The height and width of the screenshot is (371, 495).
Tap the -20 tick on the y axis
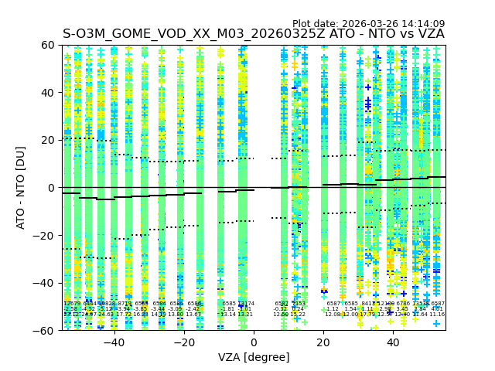[x=45, y=235]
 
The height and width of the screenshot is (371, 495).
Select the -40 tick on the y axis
[x=45, y=283]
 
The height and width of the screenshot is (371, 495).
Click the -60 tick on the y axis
[x=45, y=330]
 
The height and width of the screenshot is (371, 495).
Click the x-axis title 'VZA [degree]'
[x=254, y=357]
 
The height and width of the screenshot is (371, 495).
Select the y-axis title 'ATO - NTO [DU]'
[x=22, y=188]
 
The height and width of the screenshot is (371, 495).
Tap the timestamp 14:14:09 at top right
[x=424, y=24]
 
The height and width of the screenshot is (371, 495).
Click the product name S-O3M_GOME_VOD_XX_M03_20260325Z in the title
[x=193, y=34]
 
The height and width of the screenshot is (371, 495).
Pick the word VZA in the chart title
[x=429, y=34]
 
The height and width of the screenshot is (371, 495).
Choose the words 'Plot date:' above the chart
[x=318, y=24]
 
